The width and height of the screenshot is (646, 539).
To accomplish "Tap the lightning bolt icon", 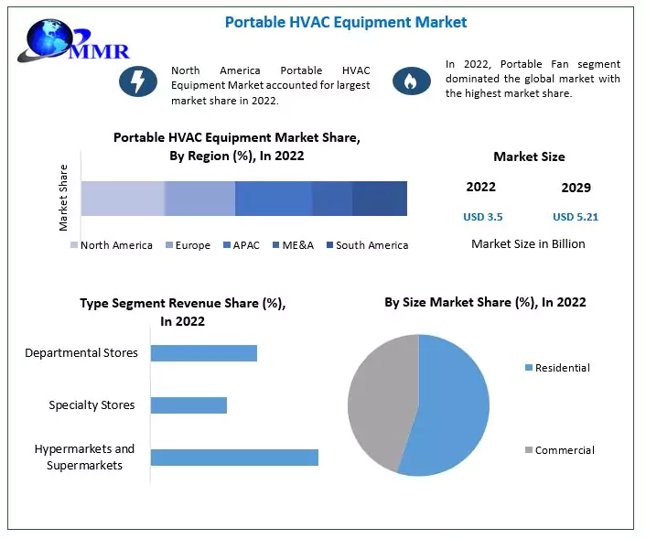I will point(138,81).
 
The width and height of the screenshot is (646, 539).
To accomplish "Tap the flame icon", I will point(412,81).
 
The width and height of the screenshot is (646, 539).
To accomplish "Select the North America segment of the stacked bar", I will point(123,199).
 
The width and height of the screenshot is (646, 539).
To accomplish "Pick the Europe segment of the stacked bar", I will point(199,199).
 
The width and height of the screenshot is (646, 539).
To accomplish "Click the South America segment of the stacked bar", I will point(380,199).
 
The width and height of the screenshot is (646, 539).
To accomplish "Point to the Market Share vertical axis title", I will point(64,197).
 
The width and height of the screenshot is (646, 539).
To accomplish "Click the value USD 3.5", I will point(482,217).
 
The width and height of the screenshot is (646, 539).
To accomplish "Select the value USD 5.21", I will point(576,217).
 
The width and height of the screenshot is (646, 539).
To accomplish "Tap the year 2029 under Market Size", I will point(576,188).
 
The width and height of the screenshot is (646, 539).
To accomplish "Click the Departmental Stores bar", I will point(203,353).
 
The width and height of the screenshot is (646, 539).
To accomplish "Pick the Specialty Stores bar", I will point(188,405).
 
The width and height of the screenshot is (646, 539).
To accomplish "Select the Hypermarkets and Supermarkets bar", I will point(234,457).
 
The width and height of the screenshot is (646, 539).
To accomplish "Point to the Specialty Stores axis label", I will point(92,405).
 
